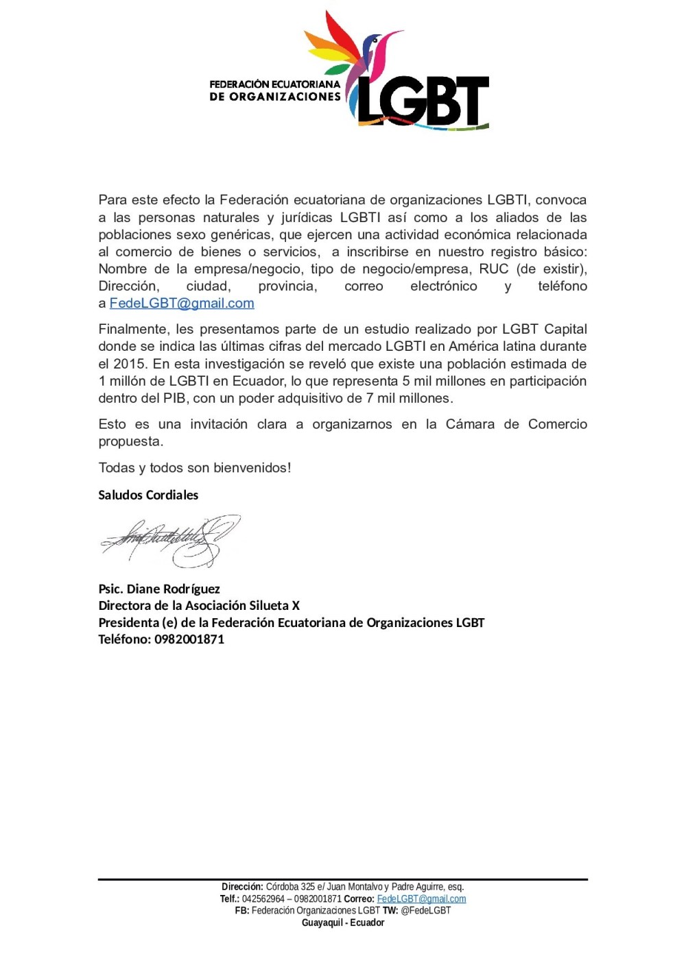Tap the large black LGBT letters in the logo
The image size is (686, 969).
point(422,101)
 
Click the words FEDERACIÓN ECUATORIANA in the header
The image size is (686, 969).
point(274,84)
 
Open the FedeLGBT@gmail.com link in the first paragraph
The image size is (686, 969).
point(182,304)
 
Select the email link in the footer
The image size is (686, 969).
point(421,899)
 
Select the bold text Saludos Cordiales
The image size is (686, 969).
point(148,495)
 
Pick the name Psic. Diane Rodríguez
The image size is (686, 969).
point(159,589)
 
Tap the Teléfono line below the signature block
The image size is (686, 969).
point(161,639)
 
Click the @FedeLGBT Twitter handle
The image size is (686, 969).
point(425,911)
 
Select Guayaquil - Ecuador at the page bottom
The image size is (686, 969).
point(343,923)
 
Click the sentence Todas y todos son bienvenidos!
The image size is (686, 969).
point(195,468)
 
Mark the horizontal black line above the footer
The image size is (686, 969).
point(343,879)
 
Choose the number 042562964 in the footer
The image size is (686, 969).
point(263,899)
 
